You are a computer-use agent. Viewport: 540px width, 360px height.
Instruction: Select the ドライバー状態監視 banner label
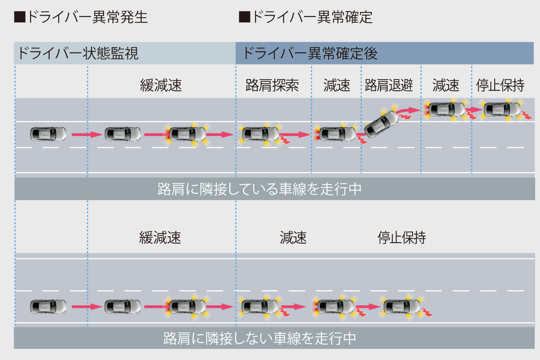pos(78,53)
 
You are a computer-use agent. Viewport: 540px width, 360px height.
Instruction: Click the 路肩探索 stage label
pos(272,85)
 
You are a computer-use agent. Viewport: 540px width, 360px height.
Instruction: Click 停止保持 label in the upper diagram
pos(500,85)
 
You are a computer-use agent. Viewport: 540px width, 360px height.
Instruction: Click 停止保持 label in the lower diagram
pos(401,237)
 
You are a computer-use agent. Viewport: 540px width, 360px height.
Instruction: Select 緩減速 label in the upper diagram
pos(161,85)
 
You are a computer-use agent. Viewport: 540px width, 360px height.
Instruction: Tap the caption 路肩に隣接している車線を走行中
pos(259,189)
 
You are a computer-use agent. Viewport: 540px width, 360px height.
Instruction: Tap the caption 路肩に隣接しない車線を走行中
pos(259,339)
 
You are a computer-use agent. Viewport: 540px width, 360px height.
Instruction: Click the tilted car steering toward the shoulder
pos(381,124)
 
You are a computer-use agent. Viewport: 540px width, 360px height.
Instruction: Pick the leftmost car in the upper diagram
pos(48,134)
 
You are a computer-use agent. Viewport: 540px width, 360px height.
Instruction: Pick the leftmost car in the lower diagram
pos(48,306)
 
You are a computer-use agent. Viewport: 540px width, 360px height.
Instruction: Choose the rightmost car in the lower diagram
pos(401,306)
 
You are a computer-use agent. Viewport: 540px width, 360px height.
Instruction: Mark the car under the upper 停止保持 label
pos(501,109)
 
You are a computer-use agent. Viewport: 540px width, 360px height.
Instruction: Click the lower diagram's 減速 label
pos(293,237)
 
